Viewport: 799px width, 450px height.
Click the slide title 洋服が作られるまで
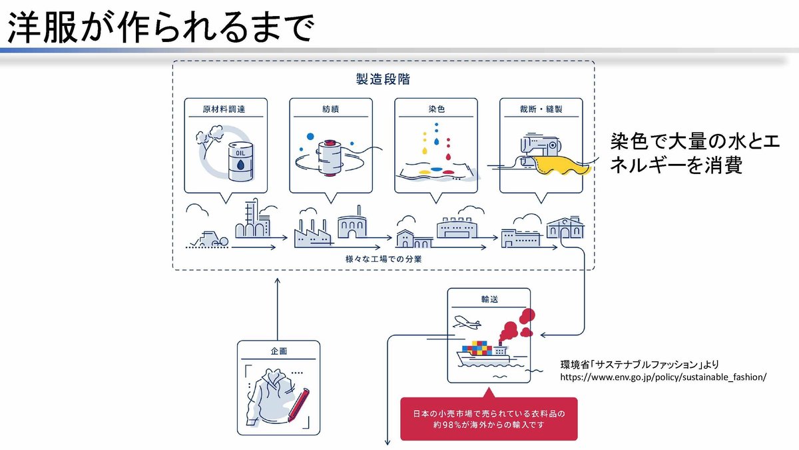pyautogui.click(x=160, y=28)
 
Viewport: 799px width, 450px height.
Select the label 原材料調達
pyautogui.click(x=224, y=109)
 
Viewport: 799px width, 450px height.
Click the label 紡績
pyautogui.click(x=330, y=109)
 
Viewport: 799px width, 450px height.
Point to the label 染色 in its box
pyautogui.click(x=436, y=109)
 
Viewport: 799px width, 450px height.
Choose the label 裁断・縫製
pyautogui.click(x=541, y=109)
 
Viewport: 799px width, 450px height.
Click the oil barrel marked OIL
pyautogui.click(x=241, y=161)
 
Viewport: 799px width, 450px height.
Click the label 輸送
pyautogui.click(x=489, y=300)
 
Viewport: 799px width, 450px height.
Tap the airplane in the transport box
pyautogui.click(x=466, y=324)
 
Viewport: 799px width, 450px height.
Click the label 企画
pyautogui.click(x=278, y=351)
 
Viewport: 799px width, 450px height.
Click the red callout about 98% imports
pyautogui.click(x=489, y=419)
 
